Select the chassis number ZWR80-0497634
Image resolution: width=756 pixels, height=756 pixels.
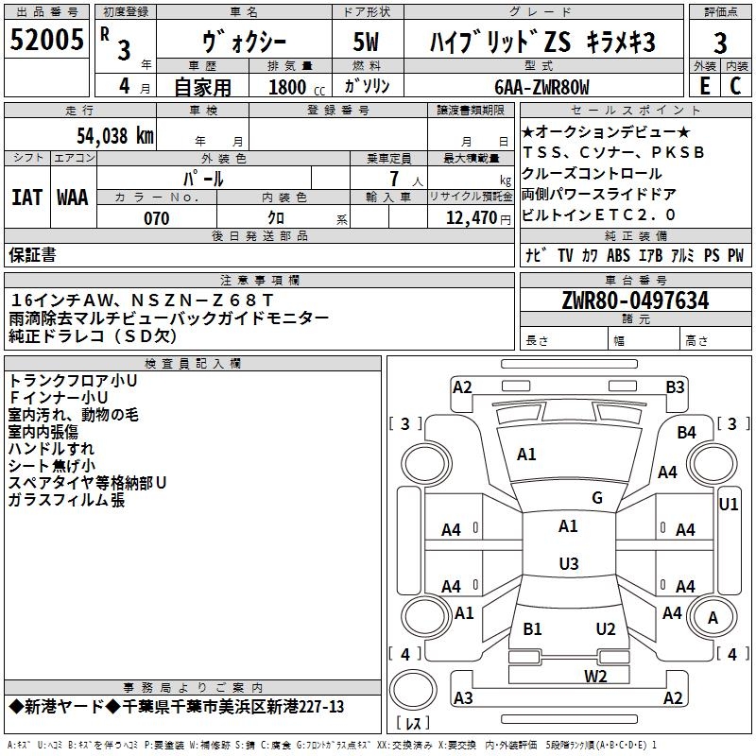635,301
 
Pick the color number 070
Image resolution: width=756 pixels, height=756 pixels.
156,218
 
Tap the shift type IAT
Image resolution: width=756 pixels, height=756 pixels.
26,198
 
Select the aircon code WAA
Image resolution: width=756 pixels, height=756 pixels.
73,198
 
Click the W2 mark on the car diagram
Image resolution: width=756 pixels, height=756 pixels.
595,675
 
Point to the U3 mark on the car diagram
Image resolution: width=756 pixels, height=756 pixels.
568,564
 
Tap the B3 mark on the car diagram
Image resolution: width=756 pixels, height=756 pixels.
675,387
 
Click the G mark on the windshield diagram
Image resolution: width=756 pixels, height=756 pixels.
597,498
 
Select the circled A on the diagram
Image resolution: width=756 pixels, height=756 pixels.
713,618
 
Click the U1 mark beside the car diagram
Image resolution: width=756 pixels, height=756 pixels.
729,505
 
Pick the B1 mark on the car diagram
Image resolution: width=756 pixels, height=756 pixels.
532,628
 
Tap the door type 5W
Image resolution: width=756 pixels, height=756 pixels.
366,42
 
